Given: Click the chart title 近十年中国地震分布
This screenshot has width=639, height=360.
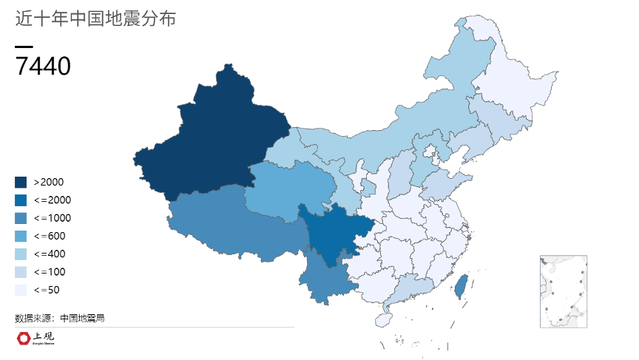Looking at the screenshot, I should [x=95, y=19].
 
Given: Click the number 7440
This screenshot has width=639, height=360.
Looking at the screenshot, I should [x=43, y=67].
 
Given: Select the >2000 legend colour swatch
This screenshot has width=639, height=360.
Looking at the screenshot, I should [x=21, y=182].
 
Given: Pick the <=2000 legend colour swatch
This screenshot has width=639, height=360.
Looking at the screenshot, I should [x=21, y=200].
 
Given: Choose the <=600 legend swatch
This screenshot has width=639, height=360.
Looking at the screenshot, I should [x=21, y=236].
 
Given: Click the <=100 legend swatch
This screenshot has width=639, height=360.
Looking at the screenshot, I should [x=21, y=272].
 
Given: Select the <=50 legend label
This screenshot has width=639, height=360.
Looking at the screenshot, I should [x=47, y=290].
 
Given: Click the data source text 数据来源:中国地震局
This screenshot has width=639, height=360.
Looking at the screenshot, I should [x=59, y=318].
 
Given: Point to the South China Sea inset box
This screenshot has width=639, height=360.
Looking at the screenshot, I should [x=564, y=291].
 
